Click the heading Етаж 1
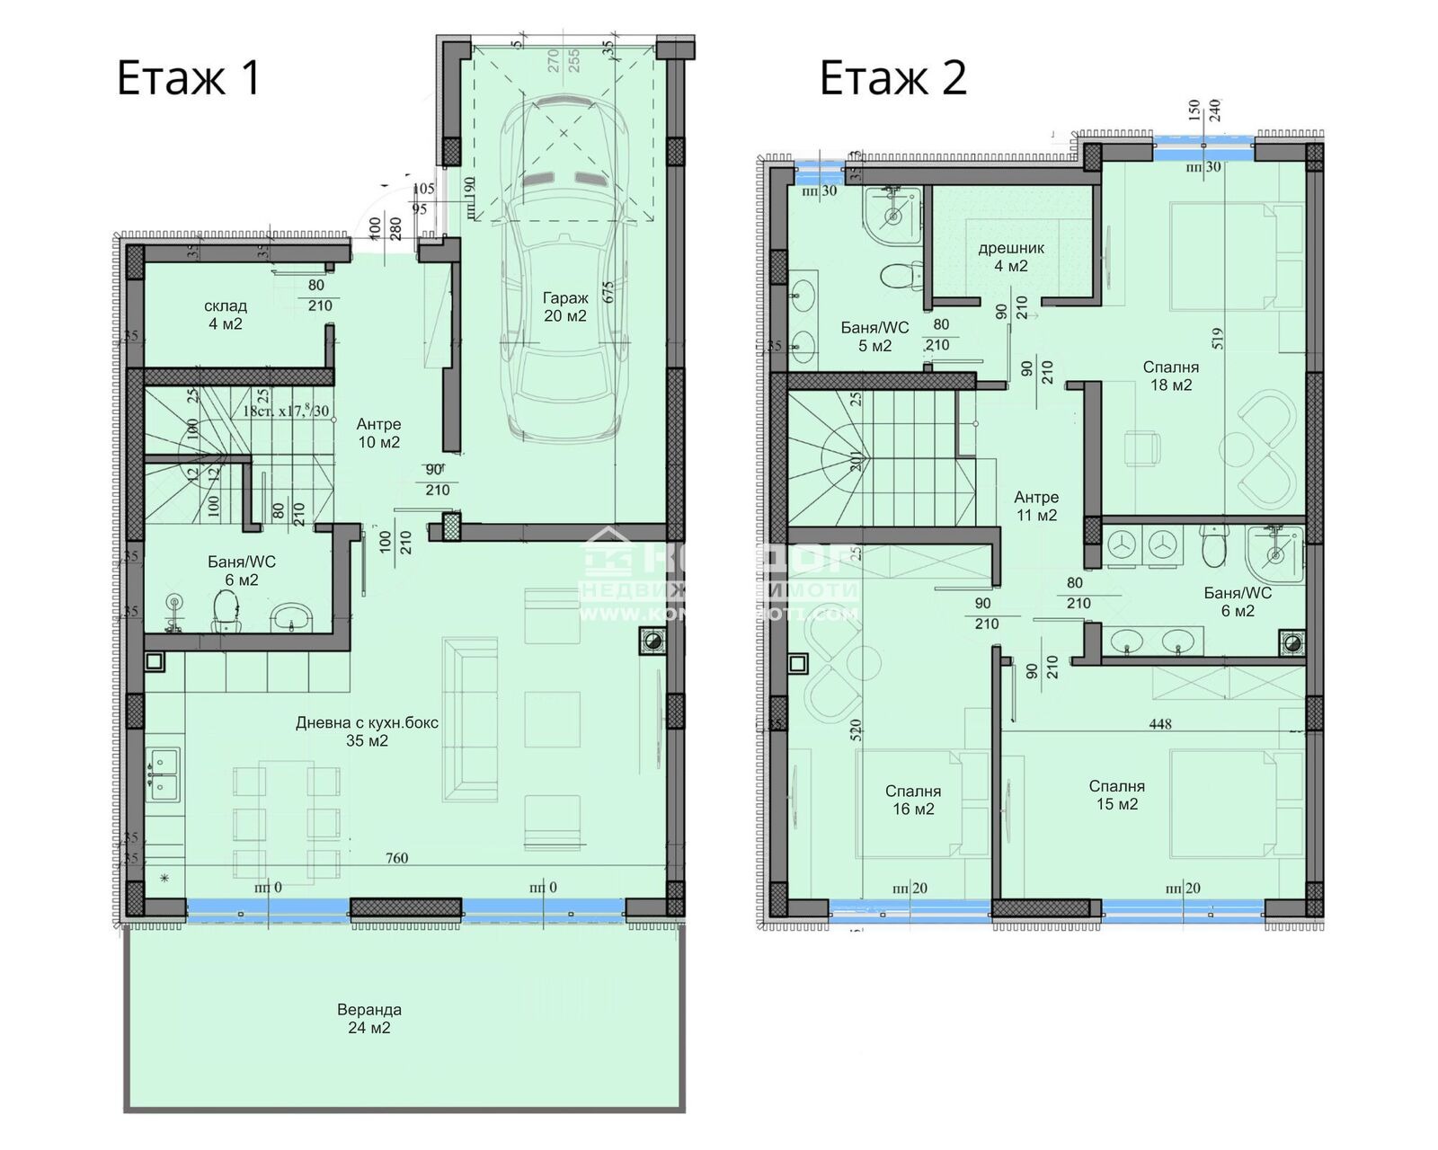(x=188, y=77)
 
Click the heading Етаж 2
(x=892, y=77)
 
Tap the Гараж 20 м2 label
(x=564, y=306)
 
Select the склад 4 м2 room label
(x=225, y=314)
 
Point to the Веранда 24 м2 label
(x=368, y=1018)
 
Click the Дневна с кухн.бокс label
(x=367, y=731)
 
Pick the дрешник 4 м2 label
(x=1011, y=257)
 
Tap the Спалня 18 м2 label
(x=1170, y=376)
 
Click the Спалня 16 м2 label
(x=912, y=800)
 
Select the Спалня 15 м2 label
(x=1116, y=795)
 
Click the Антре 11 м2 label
(x=1035, y=506)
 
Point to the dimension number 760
(x=396, y=858)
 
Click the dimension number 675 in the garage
(x=608, y=293)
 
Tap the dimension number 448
(x=1159, y=723)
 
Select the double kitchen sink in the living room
(x=164, y=774)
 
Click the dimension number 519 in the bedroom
(x=1218, y=338)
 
